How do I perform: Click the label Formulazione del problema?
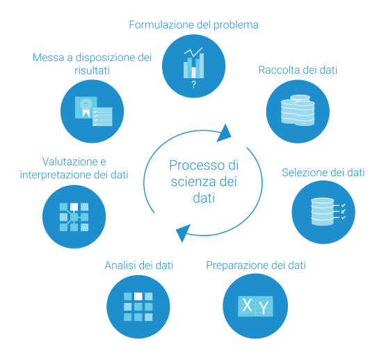pos(193,25)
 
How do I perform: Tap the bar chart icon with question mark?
pos(193,63)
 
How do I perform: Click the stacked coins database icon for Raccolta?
pos(298,110)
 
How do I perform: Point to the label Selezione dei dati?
pos(323,173)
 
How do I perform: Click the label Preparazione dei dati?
pos(256,265)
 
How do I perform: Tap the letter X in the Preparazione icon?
pos(247,304)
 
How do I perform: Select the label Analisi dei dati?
pos(138,265)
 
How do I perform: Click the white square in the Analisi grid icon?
pos(138,297)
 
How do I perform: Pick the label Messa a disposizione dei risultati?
pos(92,64)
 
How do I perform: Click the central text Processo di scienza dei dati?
pos(204,181)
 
